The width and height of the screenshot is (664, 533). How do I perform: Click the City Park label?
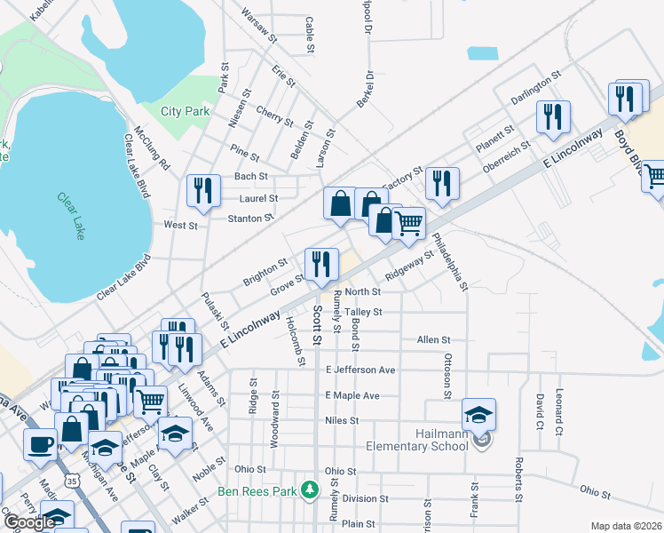(x=186, y=111)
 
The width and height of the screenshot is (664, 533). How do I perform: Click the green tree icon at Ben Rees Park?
(x=309, y=489)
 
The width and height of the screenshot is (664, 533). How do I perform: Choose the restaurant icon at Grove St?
(x=320, y=264)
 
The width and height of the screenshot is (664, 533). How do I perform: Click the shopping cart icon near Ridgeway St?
(x=408, y=223)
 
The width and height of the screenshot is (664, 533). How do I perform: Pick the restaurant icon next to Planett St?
(x=553, y=116)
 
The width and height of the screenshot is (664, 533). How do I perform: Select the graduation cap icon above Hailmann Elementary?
(x=478, y=414)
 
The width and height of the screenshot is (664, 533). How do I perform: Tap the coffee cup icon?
(x=39, y=443)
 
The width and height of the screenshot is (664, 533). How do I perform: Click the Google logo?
(x=29, y=522)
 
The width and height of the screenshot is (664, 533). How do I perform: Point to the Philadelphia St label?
(x=450, y=261)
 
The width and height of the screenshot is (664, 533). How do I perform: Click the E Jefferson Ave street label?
(x=360, y=370)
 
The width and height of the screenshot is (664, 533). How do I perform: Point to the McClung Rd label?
(x=151, y=147)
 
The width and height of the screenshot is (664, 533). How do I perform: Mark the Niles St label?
(x=341, y=420)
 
